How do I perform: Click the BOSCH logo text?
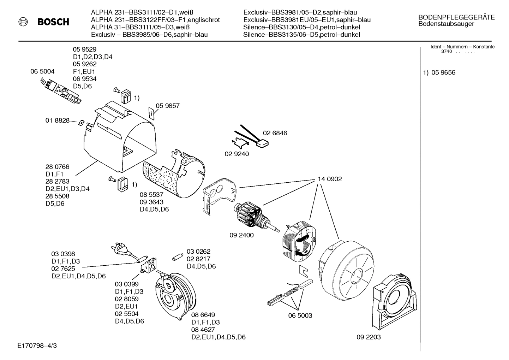coord(53,22)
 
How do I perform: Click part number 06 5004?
coord(42,71)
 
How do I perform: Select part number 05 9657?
coord(168,106)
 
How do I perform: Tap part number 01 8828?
coord(57,120)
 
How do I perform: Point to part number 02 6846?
coord(275,133)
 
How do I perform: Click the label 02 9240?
coord(236,154)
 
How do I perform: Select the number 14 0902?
coord(330,179)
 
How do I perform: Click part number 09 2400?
coord(241,235)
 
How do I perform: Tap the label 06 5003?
coord(300,315)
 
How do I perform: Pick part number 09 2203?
coord(369,337)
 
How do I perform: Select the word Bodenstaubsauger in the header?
coord(446,24)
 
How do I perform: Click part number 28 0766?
coord(57,167)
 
